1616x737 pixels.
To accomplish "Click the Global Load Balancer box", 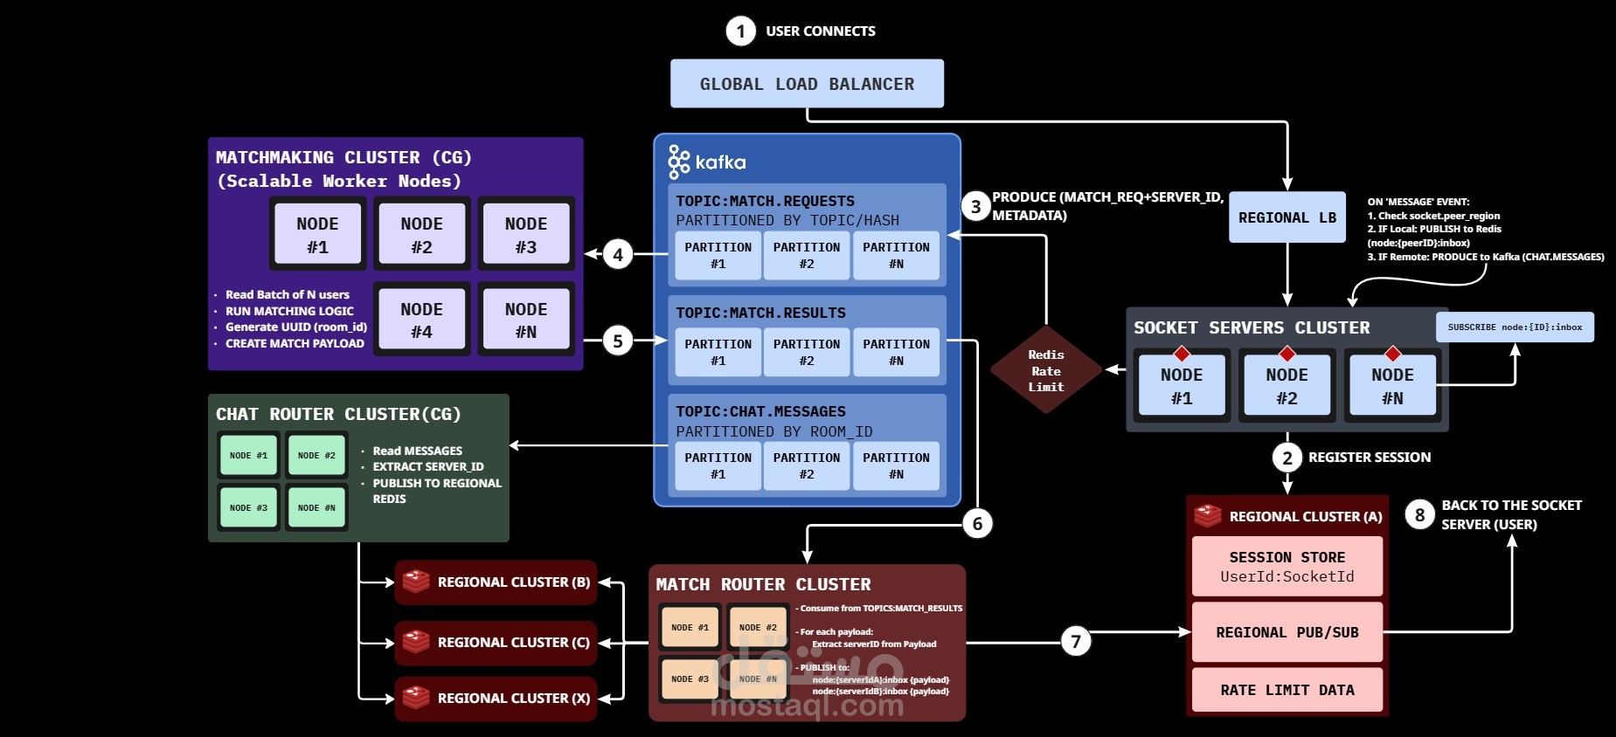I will [807, 84].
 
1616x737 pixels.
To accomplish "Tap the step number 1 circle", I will [740, 31].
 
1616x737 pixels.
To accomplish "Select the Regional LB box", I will [1287, 217].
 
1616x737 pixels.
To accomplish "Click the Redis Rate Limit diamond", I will [1045, 370].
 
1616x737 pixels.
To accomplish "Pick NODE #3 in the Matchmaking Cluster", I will [526, 234].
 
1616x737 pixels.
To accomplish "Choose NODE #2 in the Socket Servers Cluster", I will [1287, 385].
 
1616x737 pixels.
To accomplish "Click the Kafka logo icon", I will [678, 162].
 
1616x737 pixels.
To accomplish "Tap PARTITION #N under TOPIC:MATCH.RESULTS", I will [896, 352].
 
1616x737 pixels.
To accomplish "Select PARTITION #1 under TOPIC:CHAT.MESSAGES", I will [718, 465].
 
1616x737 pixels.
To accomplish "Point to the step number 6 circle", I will [977, 524].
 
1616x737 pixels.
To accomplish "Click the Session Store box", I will [1287, 566].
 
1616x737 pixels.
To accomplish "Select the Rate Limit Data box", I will [1287, 690].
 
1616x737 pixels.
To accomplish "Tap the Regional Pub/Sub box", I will [1287, 632].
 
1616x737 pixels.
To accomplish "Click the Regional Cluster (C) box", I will [496, 643].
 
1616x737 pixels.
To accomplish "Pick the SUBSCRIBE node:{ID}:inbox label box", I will [1514, 327].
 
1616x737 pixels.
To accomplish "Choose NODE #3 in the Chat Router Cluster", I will [249, 507].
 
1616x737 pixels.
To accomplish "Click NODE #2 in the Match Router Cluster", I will [758, 628].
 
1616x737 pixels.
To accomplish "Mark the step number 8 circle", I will [1419, 515].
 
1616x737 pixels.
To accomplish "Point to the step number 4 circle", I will [618, 255].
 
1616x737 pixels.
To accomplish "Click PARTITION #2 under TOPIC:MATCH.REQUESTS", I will [806, 255].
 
